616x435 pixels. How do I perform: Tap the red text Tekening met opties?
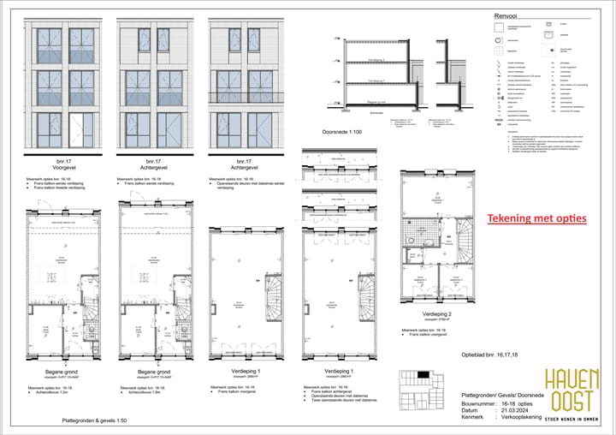(x=537, y=218)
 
